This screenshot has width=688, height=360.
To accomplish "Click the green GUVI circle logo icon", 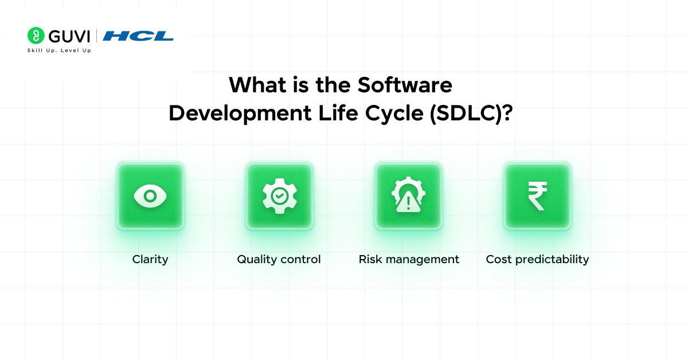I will pos(36,36).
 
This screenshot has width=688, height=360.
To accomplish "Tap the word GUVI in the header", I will pos(69,36).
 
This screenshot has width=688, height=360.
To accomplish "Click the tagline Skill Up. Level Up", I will pos(59,50).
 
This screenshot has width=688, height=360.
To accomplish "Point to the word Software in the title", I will pos(405,85).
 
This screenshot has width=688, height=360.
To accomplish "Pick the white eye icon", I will pos(150,196).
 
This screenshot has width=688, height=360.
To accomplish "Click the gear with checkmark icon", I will pos(279,196).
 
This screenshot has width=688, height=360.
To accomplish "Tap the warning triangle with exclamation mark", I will pos(408,202).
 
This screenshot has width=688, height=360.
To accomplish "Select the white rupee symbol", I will pos(537,196).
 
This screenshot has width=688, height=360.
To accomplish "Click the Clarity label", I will pos(150,259).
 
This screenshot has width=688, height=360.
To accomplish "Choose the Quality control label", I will pos(279,259).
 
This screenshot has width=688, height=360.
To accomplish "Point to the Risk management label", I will pos(409,259).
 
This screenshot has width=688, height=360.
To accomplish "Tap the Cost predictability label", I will pos(537,259).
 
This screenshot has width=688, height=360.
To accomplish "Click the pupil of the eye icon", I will pos(150,196).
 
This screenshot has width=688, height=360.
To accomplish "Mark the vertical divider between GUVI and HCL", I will pos(97,36).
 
